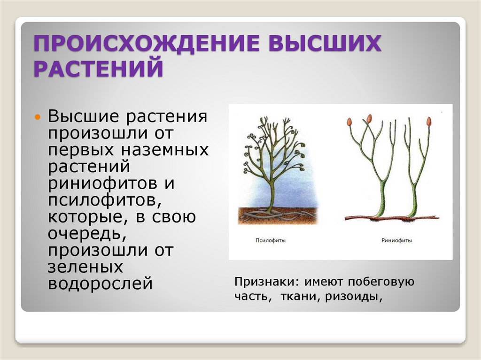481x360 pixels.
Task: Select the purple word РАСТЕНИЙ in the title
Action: click(x=98, y=68)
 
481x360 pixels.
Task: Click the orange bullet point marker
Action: click(x=37, y=117)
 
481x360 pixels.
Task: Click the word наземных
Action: click(x=164, y=150)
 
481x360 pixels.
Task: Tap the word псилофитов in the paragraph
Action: click(x=105, y=200)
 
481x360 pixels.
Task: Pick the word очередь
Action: click(x=87, y=234)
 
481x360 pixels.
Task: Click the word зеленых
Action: click(x=85, y=267)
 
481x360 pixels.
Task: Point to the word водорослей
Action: click(x=100, y=283)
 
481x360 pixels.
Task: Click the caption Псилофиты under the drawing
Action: click(x=271, y=240)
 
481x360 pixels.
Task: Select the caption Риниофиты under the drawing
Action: click(x=396, y=240)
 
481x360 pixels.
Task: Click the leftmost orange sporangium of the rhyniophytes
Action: click(x=349, y=122)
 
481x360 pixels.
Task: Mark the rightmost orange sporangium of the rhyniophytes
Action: click(x=429, y=121)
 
